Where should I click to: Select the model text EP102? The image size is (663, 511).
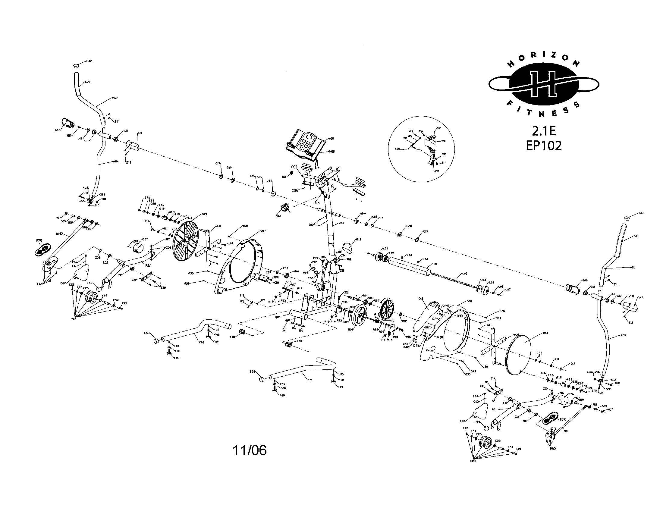click(x=544, y=146)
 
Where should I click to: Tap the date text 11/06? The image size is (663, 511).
click(x=250, y=451)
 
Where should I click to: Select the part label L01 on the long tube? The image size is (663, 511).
click(x=435, y=264)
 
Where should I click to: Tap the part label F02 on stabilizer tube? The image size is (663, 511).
click(x=202, y=342)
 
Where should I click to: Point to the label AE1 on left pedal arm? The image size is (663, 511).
click(x=149, y=265)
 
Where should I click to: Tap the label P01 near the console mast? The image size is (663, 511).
click(x=294, y=167)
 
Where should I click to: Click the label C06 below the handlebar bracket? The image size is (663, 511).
click(x=295, y=190)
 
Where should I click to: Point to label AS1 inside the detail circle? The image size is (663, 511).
click(x=437, y=171)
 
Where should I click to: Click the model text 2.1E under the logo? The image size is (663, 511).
click(x=544, y=131)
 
